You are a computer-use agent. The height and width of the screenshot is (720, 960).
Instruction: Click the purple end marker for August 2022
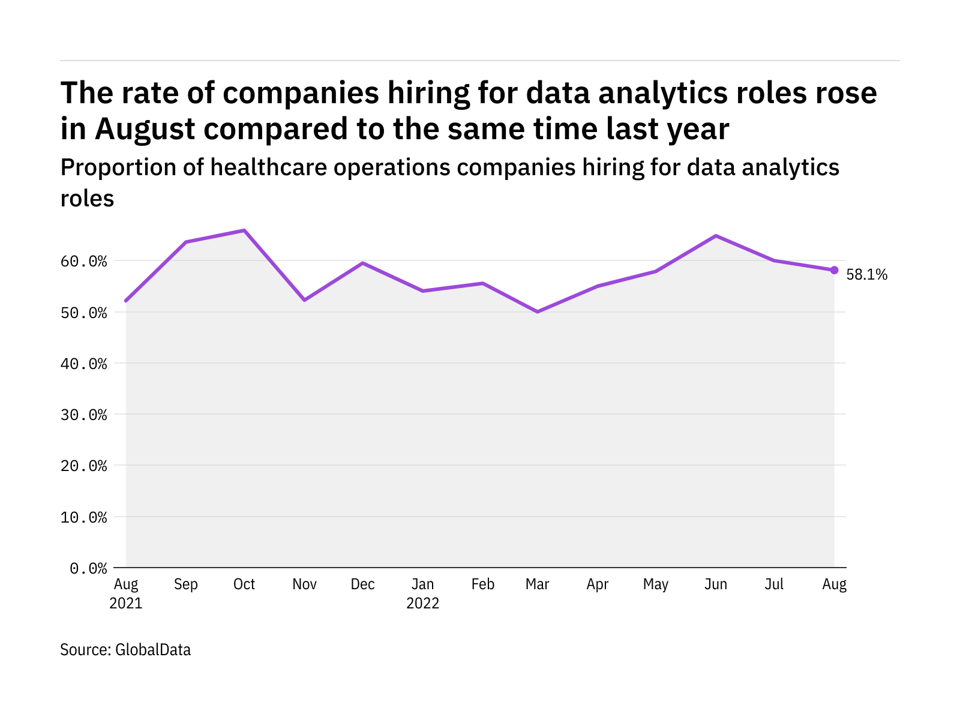pyautogui.click(x=834, y=270)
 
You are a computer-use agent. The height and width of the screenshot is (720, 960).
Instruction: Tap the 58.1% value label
pyautogui.click(x=866, y=275)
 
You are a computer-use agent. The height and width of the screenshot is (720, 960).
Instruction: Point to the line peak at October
pyautogui.click(x=244, y=230)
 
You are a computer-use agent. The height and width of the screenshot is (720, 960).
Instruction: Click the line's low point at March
pyautogui.click(x=537, y=312)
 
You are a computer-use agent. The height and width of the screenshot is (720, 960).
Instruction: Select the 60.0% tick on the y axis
pyautogui.click(x=84, y=262)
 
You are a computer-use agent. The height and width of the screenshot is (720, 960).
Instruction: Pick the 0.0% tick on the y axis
pyautogui.click(x=88, y=568)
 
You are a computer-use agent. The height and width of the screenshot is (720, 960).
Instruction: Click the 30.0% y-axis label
pyautogui.click(x=84, y=415)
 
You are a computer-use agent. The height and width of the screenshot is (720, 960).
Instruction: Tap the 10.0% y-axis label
pyautogui.click(x=84, y=517)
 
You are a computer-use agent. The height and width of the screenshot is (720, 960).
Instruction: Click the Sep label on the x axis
pyautogui.click(x=185, y=584)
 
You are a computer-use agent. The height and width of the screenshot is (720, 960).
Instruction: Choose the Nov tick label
pyautogui.click(x=304, y=584)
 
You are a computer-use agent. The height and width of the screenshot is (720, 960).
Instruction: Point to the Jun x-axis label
pyautogui.click(x=715, y=584)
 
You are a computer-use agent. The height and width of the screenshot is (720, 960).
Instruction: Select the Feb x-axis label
pyautogui.click(x=482, y=584)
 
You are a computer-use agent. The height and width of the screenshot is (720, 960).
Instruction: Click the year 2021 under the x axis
pyautogui.click(x=126, y=603)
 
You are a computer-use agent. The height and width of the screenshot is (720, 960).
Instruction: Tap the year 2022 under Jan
pyautogui.click(x=423, y=603)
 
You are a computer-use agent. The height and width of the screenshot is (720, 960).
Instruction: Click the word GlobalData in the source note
pyautogui.click(x=153, y=650)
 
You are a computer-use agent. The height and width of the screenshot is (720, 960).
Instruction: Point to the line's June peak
pyautogui.click(x=715, y=236)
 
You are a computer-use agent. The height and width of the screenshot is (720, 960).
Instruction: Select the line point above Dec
pyautogui.click(x=363, y=263)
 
